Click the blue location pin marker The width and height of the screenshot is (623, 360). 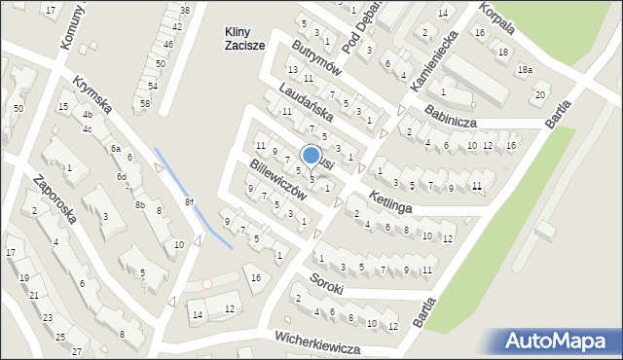pos(311,156)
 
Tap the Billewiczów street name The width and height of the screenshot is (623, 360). pos(278,181)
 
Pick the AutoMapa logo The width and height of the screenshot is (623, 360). pos(560,341)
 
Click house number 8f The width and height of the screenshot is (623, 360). pos(190,202)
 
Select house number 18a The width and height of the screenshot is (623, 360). pos(526,70)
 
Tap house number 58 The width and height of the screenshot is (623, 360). pos(144,103)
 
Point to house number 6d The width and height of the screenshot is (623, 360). pos(122,176)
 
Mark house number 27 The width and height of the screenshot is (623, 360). pos(77,350)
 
